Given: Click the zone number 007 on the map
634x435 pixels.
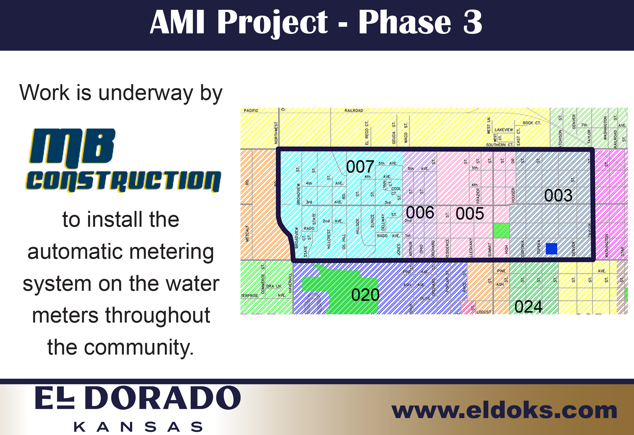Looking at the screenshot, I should click(x=360, y=167).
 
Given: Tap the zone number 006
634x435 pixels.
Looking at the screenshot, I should click(x=420, y=212).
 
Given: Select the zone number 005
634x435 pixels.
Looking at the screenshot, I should click(x=469, y=214).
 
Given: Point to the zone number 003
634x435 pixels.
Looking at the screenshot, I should click(x=558, y=195).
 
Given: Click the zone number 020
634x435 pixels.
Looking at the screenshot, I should click(x=365, y=295).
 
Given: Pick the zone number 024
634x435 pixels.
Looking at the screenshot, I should click(x=528, y=307).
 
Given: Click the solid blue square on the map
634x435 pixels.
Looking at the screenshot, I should click(x=551, y=249).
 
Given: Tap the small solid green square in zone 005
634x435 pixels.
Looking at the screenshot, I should click(x=501, y=230).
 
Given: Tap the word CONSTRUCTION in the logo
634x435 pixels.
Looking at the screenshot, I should click(x=123, y=181).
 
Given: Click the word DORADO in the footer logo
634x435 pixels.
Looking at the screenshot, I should click(x=162, y=398).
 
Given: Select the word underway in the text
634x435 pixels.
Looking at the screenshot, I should click(x=145, y=93).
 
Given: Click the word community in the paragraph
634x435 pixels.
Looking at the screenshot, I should click(x=139, y=348).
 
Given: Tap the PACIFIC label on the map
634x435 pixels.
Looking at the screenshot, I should click(x=251, y=111).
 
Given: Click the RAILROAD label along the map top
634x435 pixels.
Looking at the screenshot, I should click(x=353, y=111).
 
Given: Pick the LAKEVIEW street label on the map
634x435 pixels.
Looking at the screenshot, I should click(x=504, y=130).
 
